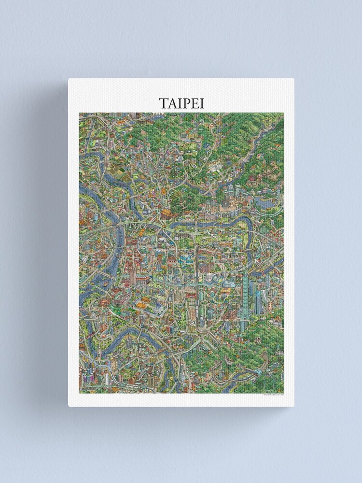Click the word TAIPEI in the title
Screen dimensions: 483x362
181,103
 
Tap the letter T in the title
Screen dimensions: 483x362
163,103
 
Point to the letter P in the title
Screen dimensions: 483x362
185,103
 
